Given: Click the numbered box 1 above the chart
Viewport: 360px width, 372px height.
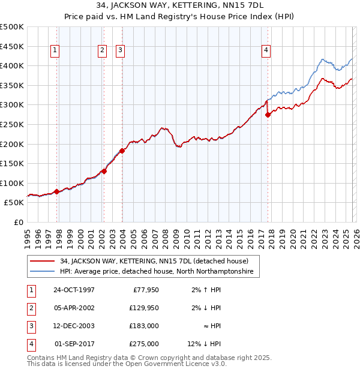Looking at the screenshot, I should (x=55, y=51).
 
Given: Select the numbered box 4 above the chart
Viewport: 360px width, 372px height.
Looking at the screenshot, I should (x=265, y=51).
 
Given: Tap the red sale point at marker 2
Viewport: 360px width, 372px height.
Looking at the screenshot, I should (x=104, y=171).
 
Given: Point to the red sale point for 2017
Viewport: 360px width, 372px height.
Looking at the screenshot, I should (x=268, y=115).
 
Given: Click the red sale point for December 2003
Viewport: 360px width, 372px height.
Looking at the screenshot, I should (x=122, y=151).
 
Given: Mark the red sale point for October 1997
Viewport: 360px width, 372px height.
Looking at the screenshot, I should (x=57, y=191).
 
